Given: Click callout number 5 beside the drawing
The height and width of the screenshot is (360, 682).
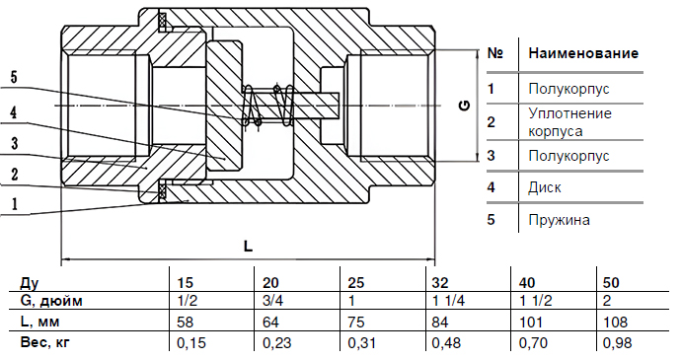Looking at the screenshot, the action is pos(14,77).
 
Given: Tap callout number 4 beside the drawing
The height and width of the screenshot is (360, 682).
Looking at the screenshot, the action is pos(14,112).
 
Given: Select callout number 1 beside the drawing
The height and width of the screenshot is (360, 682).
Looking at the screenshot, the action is pos(15,203).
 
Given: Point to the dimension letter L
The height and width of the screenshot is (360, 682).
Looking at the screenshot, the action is pos(248,247).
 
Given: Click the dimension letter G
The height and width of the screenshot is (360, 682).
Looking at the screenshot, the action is pos(465,106).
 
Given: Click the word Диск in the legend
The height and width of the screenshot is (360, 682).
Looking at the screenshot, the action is pos(545,187).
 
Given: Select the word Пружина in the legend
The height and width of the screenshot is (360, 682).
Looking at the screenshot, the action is pos(559,220).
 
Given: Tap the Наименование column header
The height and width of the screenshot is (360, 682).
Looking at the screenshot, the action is pos(583,53).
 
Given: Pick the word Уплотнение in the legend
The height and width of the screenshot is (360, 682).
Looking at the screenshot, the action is pos(569,113).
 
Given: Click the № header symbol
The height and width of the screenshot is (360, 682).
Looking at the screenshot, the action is pos(495,53).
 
